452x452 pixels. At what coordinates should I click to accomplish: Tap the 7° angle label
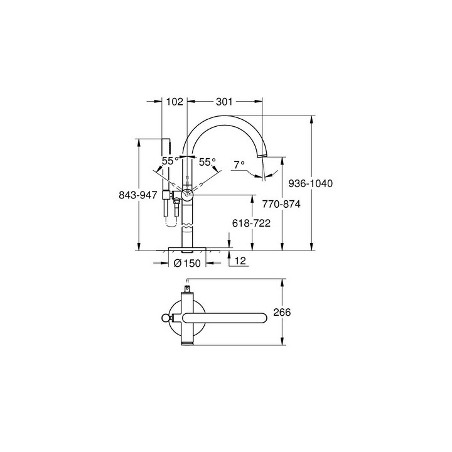pos(239,164)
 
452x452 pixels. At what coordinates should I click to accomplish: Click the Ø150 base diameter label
pos(186,263)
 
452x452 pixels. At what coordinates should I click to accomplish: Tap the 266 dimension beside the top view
pos(282,312)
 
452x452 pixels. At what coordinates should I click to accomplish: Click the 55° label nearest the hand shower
pos(170,161)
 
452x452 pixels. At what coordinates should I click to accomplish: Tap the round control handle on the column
pos(187,194)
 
